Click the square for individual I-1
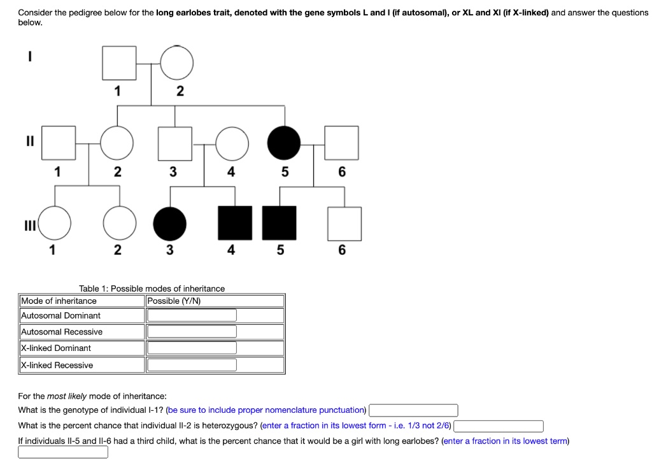(118, 63)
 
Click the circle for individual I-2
(176, 63)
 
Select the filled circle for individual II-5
(283, 143)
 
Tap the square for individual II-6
(341, 143)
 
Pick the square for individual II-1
(59, 143)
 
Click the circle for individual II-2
(117, 143)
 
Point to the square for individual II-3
(174, 143)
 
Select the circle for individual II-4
(232, 143)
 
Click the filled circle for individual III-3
(170, 224)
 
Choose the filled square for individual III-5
(280, 224)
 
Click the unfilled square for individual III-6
(344, 224)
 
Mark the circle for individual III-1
(55, 224)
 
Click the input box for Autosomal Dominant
(192, 315)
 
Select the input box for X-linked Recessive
(192, 365)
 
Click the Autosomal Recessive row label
(62, 332)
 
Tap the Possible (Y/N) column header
(174, 301)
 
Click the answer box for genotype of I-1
(413, 410)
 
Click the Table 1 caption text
(152, 289)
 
